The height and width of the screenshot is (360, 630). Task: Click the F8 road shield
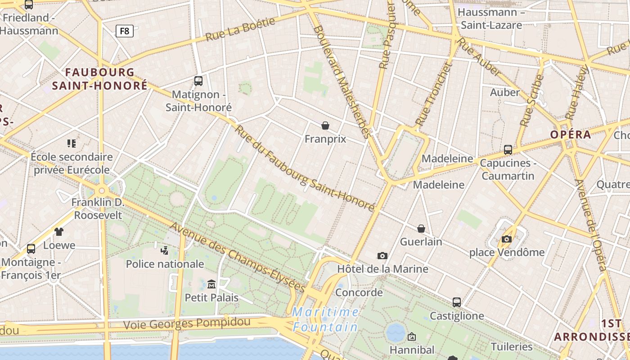(125, 31)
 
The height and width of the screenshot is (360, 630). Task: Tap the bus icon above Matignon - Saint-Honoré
(198, 81)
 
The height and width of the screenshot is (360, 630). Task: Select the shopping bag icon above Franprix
(325, 126)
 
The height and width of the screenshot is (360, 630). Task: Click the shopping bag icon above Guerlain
(421, 229)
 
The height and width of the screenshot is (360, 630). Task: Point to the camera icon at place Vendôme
(507, 239)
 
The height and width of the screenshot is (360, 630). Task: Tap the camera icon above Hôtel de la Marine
(382, 256)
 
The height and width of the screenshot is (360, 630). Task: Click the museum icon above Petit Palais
(211, 284)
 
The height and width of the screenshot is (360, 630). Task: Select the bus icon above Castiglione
(457, 302)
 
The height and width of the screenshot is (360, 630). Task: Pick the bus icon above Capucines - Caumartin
(508, 150)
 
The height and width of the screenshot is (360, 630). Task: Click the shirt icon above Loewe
(59, 232)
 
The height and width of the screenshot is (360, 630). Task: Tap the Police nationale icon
(165, 250)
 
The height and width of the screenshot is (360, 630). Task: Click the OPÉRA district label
(571, 135)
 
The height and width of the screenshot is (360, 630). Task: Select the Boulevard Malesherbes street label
(342, 81)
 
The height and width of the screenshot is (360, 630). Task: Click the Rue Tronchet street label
(433, 95)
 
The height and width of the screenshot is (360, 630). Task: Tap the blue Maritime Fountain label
(325, 319)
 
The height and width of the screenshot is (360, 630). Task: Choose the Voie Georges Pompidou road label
(186, 323)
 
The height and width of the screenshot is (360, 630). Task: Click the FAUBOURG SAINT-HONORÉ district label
(99, 79)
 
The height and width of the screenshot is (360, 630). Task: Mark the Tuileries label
(512, 346)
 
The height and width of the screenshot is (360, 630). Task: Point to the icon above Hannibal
(411, 337)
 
